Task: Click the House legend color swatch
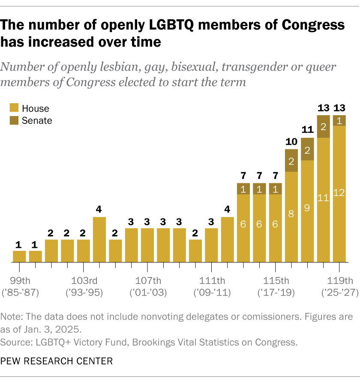pyautogui.click(x=14, y=109)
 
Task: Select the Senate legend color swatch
pyautogui.click(x=14, y=120)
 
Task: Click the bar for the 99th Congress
pyautogui.click(x=19, y=256)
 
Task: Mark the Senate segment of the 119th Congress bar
pyautogui.click(x=339, y=120)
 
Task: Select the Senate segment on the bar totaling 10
pyautogui.click(x=291, y=161)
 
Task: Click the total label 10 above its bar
pyautogui.click(x=291, y=142)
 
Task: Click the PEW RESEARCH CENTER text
pyautogui.click(x=57, y=361)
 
